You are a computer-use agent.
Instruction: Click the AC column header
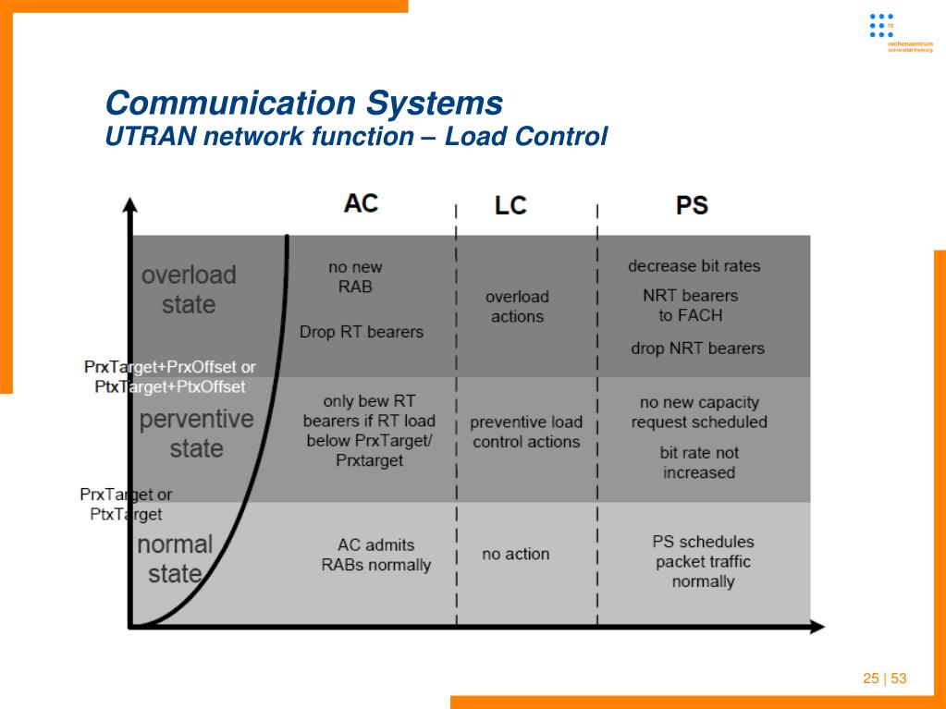point(361,203)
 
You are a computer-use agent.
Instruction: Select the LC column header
point(510,205)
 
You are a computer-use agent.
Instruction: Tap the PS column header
point(692,205)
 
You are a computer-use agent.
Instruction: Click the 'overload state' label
point(189,289)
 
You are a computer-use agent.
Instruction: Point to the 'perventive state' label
point(196,434)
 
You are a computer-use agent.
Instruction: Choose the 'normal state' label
point(175,559)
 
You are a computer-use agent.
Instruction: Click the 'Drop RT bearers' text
point(362,332)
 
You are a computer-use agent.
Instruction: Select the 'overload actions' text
point(517,307)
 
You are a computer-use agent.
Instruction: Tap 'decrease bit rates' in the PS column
point(694,266)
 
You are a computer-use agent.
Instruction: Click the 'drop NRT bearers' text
point(697,348)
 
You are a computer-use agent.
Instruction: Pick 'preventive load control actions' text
point(526,432)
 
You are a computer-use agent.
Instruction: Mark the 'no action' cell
point(515,555)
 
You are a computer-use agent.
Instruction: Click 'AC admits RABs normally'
point(375,555)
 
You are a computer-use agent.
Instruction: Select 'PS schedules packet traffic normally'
point(703,561)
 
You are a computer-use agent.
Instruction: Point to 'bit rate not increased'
point(699,462)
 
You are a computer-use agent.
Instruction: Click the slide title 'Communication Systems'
point(304,103)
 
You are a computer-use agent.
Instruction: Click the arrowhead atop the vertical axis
point(130,205)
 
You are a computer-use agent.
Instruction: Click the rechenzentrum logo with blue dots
point(882,28)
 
